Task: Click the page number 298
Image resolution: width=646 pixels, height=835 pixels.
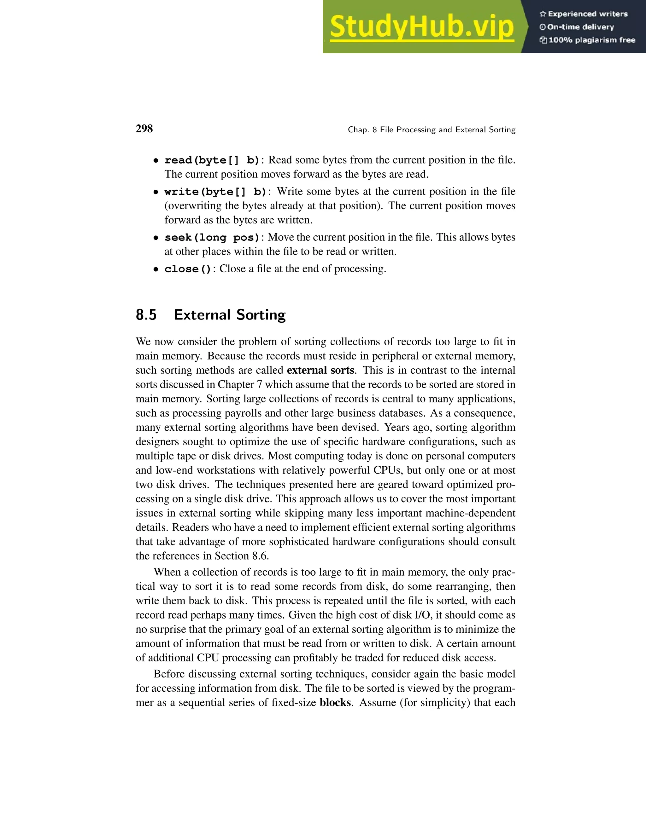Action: point(144,129)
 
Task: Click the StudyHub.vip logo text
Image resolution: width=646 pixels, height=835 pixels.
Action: point(421,27)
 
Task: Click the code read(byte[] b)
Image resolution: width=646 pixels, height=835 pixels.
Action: point(212,160)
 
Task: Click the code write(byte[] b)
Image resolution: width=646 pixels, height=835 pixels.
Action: point(215,192)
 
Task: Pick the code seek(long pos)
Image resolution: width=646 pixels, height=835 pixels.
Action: point(212,238)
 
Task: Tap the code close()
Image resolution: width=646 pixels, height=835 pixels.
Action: point(188,269)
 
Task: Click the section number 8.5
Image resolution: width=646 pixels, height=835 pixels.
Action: point(146,315)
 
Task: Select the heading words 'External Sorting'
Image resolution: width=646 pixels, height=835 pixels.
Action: point(230,315)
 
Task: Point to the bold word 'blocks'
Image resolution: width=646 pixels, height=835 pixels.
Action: point(335,702)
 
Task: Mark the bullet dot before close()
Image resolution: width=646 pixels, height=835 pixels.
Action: point(156,269)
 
